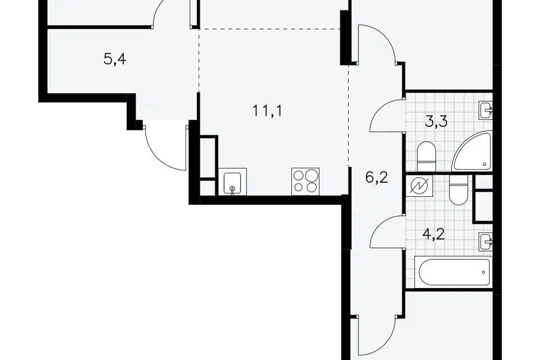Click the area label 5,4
(115, 59)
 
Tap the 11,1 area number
(268, 111)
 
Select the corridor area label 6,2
(377, 178)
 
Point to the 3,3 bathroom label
(436, 121)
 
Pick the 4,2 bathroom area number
(434, 234)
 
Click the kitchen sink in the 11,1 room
(232, 182)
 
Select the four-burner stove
(305, 182)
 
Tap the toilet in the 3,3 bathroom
(426, 156)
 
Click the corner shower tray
(472, 151)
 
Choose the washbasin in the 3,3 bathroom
(485, 111)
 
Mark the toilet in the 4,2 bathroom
(458, 190)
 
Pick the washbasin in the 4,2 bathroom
(485, 241)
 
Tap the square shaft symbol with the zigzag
(420, 186)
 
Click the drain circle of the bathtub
(484, 272)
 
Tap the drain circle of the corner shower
(484, 164)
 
